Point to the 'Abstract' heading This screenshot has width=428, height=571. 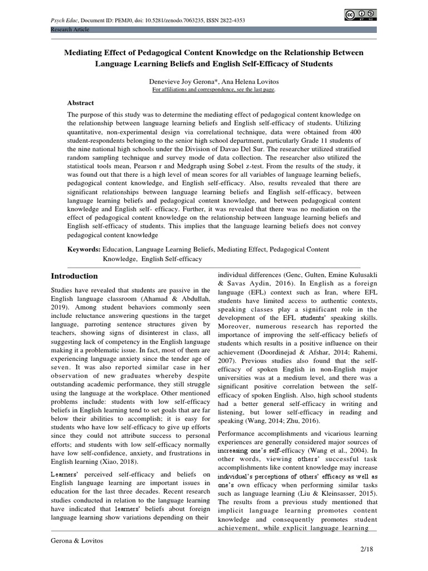[81, 103]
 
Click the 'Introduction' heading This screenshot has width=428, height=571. [74, 276]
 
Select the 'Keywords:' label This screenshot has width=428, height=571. [84, 249]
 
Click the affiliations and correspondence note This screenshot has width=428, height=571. [213, 89]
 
